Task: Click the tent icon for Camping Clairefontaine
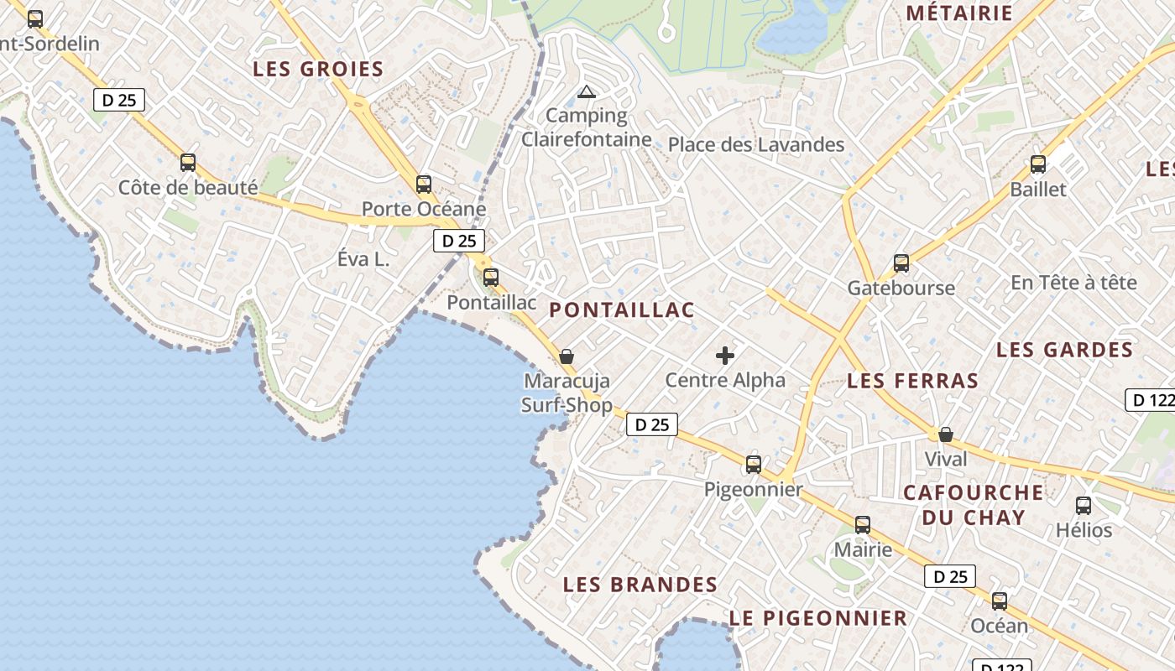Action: click(587, 91)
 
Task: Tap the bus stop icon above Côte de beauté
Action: click(188, 163)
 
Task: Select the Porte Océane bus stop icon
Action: click(424, 185)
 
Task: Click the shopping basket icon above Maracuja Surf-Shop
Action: click(567, 356)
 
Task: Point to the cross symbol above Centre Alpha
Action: click(725, 356)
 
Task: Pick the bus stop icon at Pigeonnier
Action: click(754, 465)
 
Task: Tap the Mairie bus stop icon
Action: click(863, 526)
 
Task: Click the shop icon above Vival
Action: click(946, 434)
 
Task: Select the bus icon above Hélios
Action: click(1084, 506)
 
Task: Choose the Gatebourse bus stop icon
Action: click(901, 263)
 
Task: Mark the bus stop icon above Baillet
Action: click(1038, 164)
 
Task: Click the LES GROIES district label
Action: click(318, 70)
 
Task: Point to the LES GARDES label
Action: click(1064, 350)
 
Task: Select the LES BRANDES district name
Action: click(640, 585)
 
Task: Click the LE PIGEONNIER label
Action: click(818, 619)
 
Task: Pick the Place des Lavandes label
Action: click(756, 145)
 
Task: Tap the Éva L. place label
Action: click(363, 260)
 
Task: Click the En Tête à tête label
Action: click(1073, 283)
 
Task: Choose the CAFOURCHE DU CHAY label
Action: click(974, 504)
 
